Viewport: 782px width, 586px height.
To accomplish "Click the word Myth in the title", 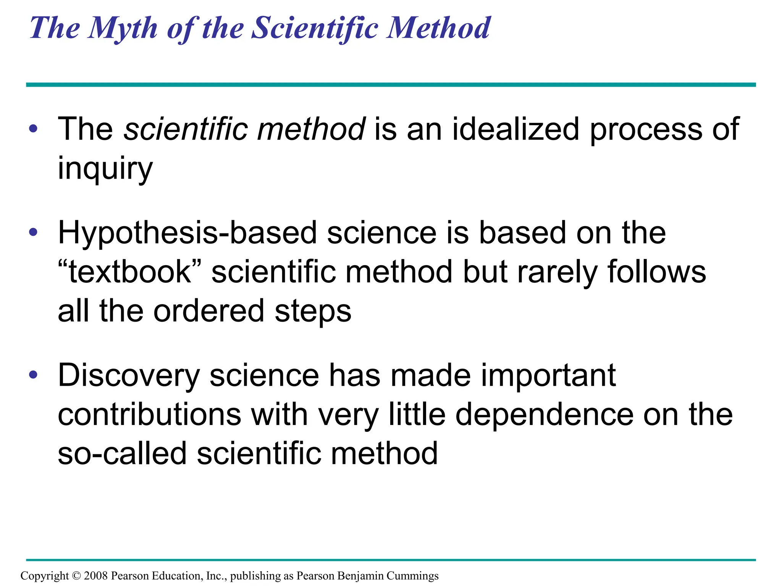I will pyautogui.click(x=122, y=28).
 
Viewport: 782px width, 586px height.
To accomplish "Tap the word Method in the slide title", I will pyautogui.click(x=438, y=28).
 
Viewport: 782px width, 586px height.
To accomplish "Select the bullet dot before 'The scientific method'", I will pyautogui.click(x=34, y=129).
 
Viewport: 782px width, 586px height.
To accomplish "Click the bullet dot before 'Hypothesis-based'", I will pyautogui.click(x=34, y=232).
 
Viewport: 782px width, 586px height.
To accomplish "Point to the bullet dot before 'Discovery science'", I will pyautogui.click(x=34, y=375).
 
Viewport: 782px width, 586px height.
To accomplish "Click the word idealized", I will pyautogui.click(x=515, y=129).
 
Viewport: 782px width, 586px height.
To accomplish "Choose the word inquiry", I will pyautogui.click(x=105, y=169).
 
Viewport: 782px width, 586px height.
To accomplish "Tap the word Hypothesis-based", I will pyautogui.click(x=187, y=233).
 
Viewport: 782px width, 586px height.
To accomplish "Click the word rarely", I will pyautogui.click(x=557, y=272).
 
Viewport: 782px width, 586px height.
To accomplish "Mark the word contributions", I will pyautogui.click(x=149, y=415).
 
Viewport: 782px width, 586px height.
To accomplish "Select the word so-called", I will pyautogui.click(x=122, y=454).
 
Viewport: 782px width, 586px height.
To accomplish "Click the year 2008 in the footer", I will pyautogui.click(x=96, y=576).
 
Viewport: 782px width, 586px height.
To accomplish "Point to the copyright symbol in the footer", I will pyautogui.click(x=77, y=576).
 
